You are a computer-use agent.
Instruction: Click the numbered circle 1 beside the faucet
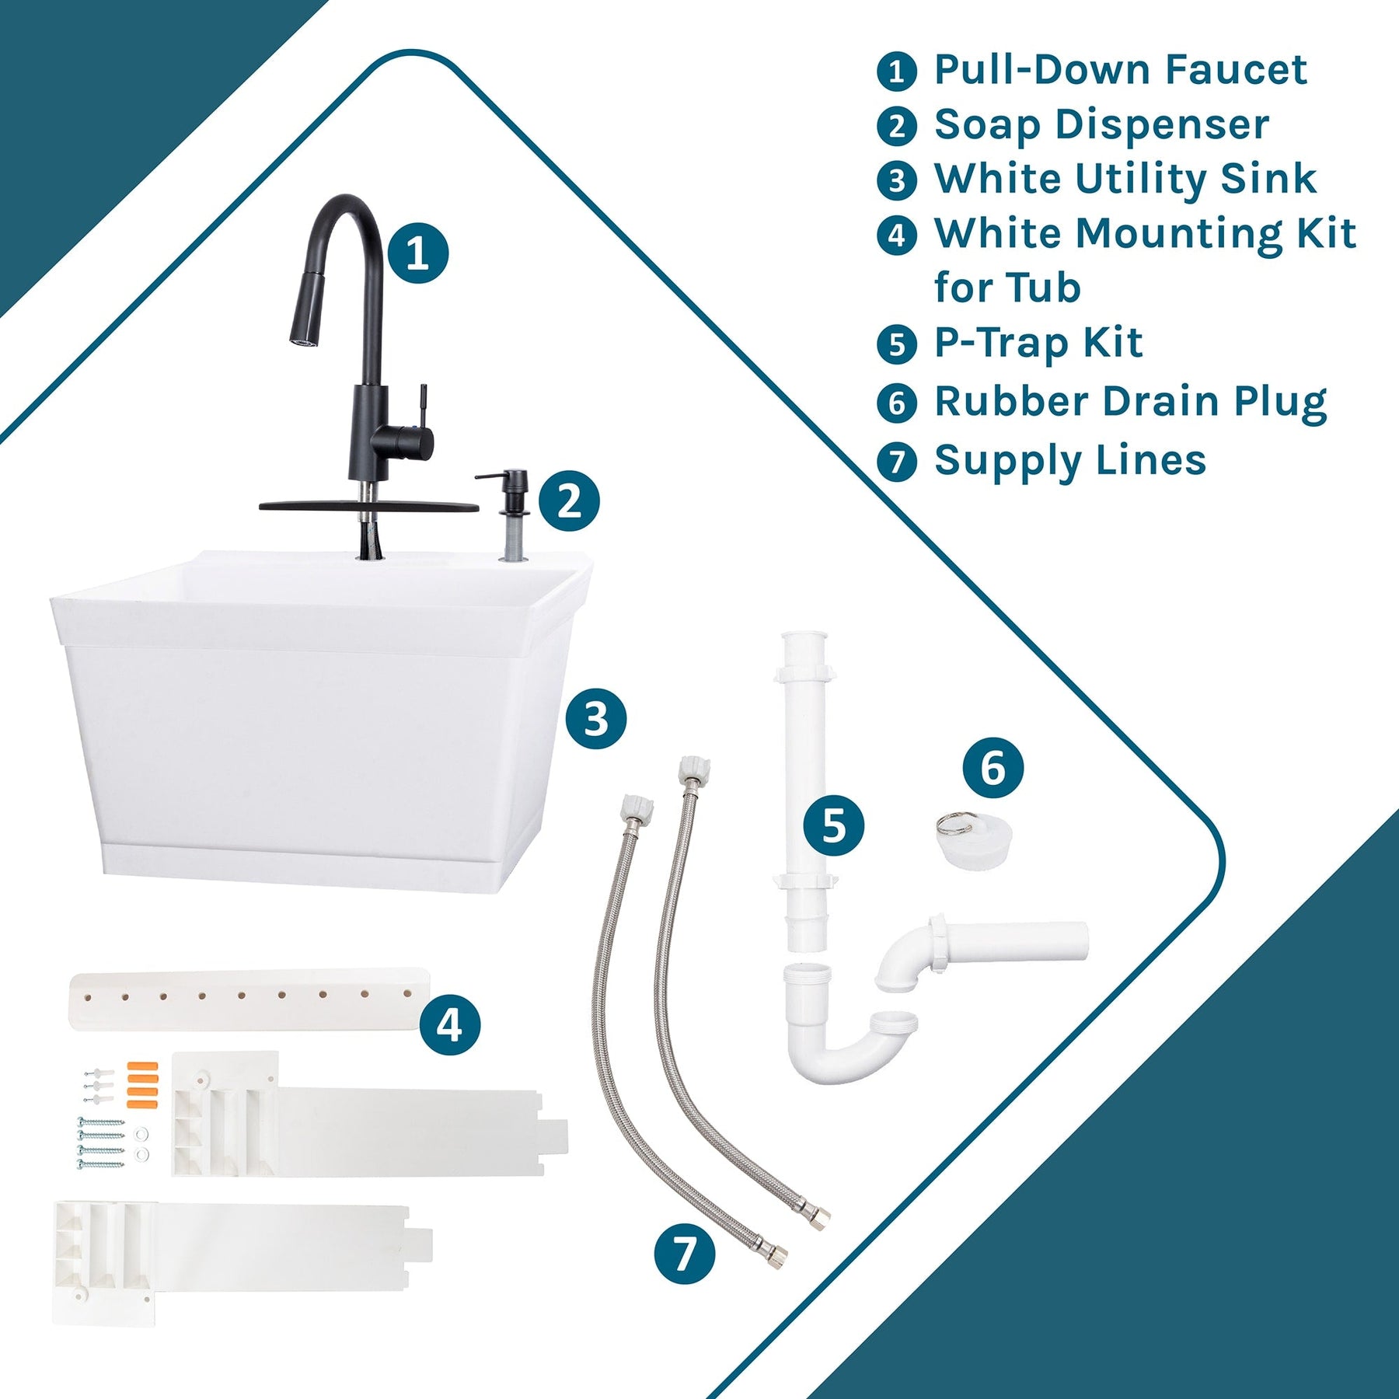[418, 253]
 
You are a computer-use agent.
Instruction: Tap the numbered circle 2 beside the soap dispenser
[569, 501]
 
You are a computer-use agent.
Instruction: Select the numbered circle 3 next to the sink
[596, 718]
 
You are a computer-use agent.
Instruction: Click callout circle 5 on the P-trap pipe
[833, 825]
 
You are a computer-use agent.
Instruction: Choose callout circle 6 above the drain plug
[993, 767]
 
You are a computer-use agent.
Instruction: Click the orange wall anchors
[142, 1083]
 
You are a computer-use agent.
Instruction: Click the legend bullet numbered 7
[896, 461]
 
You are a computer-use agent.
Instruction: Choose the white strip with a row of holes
[249, 998]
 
